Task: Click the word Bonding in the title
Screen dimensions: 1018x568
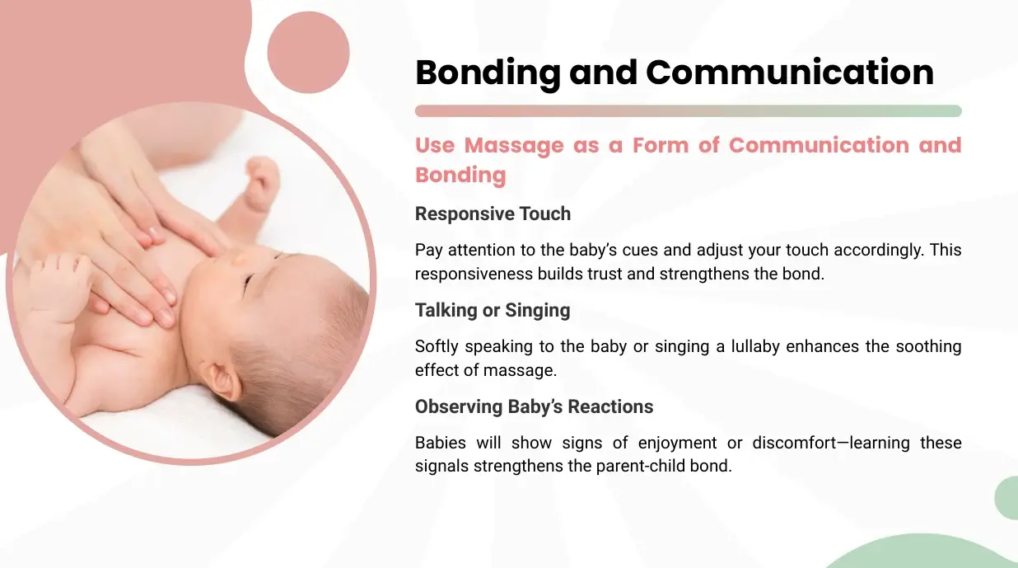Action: pyautogui.click(x=488, y=73)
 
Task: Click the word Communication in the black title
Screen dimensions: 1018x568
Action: pyautogui.click(x=790, y=73)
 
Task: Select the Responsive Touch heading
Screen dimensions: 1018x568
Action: pyautogui.click(x=493, y=214)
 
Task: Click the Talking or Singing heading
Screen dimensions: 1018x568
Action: pyautogui.click(x=493, y=311)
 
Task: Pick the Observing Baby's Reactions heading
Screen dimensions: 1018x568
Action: pyautogui.click(x=534, y=406)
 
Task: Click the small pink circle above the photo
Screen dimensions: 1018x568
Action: pyautogui.click(x=308, y=52)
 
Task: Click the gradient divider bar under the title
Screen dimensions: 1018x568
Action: pyautogui.click(x=688, y=111)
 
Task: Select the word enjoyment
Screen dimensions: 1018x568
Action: pyautogui.click(x=677, y=444)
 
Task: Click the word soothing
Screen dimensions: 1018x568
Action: pyautogui.click(x=928, y=346)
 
